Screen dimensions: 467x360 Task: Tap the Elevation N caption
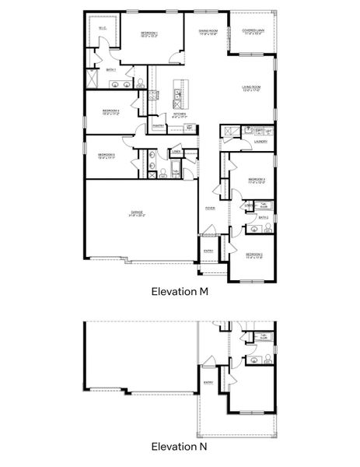pos(180,448)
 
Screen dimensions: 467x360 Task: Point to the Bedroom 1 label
pos(149,33)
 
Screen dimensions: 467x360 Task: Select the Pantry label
pos(158,125)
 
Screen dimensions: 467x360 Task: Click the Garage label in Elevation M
pos(136,212)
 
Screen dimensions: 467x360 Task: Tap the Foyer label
pos(210,209)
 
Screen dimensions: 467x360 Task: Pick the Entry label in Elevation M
pos(208,251)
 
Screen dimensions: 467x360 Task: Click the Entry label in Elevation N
pos(208,382)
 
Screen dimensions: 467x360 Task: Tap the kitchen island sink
pos(178,99)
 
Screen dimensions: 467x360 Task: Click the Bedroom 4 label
pos(109,111)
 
